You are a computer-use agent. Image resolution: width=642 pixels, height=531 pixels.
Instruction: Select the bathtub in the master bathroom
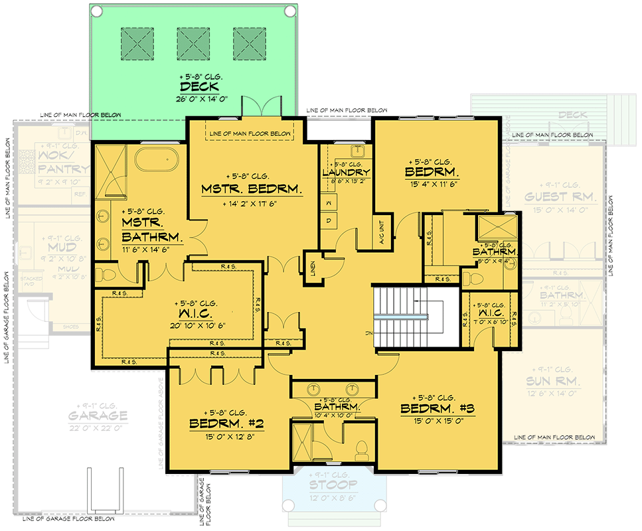click(x=157, y=160)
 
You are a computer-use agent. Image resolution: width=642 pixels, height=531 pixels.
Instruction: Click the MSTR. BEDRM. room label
click(x=252, y=190)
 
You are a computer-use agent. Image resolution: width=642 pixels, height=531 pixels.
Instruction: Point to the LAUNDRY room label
click(x=346, y=173)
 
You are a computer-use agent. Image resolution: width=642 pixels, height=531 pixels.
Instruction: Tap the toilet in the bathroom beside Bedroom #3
click(x=362, y=451)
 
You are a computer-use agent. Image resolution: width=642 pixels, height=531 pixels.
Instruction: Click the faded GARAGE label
click(x=97, y=416)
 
